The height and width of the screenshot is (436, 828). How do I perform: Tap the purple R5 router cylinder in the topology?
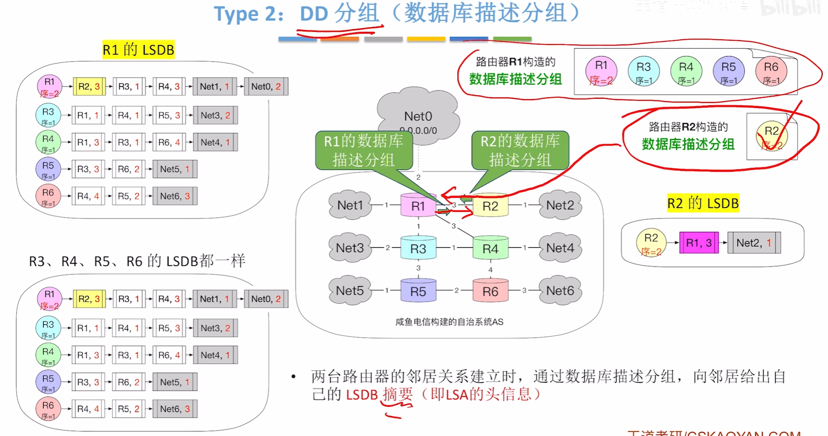(418, 291)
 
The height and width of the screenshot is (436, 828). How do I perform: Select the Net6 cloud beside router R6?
(560, 291)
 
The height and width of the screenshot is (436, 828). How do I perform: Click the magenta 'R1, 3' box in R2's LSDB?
(699, 243)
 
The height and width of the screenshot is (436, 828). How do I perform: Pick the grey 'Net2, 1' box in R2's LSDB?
(754, 243)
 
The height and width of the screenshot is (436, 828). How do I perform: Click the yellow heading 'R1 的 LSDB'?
(138, 50)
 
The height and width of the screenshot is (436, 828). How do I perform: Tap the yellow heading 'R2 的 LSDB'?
(703, 203)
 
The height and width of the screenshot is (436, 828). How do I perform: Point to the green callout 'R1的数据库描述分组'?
(363, 150)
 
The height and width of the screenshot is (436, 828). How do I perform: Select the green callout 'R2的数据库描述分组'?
(520, 150)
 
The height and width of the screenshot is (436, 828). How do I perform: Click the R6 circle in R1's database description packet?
(771, 72)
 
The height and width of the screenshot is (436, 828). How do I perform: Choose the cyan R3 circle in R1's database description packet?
(643, 72)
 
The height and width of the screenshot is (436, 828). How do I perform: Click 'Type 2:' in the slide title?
(249, 14)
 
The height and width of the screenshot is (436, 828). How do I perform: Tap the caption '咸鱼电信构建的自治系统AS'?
(449, 322)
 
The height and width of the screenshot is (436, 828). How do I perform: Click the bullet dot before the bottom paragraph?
(294, 377)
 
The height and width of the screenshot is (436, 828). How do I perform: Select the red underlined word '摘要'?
(398, 395)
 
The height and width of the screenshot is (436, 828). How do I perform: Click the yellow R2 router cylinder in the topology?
(490, 206)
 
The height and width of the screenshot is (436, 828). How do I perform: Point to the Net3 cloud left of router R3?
(350, 248)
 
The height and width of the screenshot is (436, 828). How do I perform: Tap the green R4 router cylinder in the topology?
(490, 248)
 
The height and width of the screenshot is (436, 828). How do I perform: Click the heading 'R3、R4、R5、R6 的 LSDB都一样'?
(137, 261)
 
